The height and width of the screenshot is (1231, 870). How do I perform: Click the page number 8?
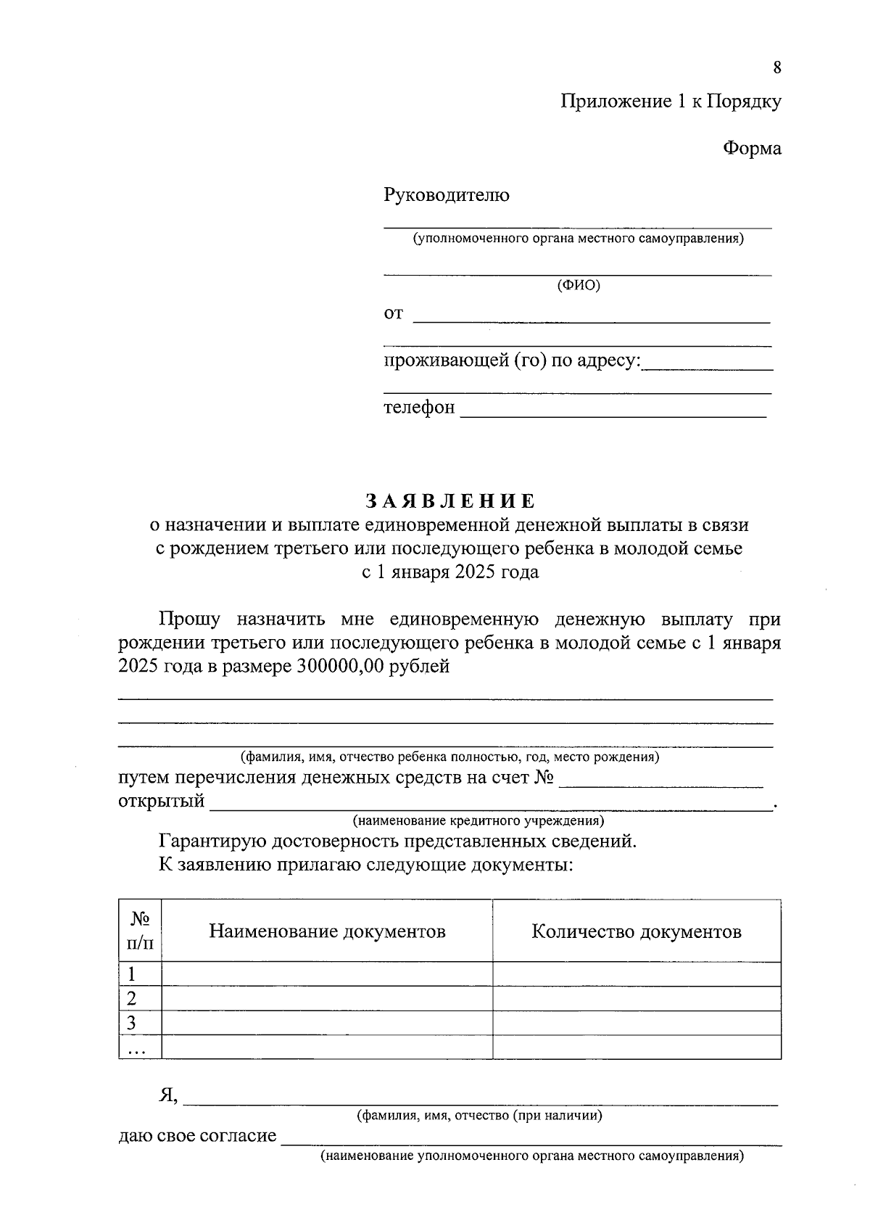pyautogui.click(x=777, y=68)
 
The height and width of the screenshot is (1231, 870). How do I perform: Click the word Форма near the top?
pyautogui.click(x=752, y=149)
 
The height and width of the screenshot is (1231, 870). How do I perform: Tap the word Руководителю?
pyautogui.click(x=446, y=195)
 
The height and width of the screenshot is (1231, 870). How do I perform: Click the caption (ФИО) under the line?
pyautogui.click(x=578, y=285)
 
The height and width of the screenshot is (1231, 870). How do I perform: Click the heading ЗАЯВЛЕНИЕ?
pyautogui.click(x=449, y=501)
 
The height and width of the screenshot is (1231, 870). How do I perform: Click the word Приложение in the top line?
pyautogui.click(x=616, y=102)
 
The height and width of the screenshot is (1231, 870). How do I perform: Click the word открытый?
pyautogui.click(x=161, y=802)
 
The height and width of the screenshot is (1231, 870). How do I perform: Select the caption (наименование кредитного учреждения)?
pyautogui.click(x=478, y=821)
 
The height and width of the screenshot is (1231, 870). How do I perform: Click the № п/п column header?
pyautogui.click(x=140, y=931)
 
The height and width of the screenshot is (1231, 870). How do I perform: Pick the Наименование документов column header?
pyautogui.click(x=327, y=931)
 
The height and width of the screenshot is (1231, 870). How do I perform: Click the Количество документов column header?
pyautogui.click(x=636, y=931)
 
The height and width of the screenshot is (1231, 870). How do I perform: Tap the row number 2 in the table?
pyautogui.click(x=132, y=999)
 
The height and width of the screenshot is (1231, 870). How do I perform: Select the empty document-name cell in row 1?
pyautogui.click(x=327, y=974)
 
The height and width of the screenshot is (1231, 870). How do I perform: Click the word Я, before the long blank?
pyautogui.click(x=168, y=1095)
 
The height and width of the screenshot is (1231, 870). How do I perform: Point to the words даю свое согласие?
pyautogui.click(x=197, y=1135)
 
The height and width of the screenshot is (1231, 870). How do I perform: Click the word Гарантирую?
pyautogui.click(x=212, y=841)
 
